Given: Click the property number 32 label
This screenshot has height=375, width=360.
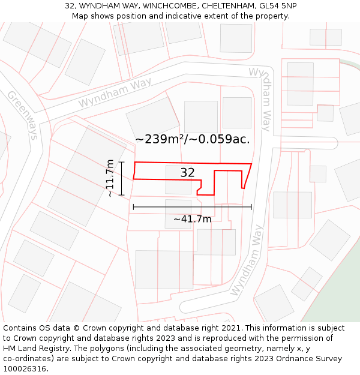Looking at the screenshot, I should [x=188, y=173].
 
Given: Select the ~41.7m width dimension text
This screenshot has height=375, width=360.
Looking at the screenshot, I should [x=192, y=219].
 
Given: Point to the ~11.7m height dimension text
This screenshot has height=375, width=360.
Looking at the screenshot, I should [x=110, y=178].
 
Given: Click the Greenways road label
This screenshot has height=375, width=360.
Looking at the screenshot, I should [x=22, y=115].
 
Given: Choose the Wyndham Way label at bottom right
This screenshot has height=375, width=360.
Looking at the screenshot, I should [x=247, y=260].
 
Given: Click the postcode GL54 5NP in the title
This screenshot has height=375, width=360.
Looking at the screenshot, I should [x=277, y=5].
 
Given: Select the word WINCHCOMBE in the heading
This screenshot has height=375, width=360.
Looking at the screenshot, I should [x=170, y=5].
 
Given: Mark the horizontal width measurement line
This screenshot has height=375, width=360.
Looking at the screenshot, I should [x=192, y=207].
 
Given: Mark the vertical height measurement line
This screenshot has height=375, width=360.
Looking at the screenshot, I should [x=121, y=178].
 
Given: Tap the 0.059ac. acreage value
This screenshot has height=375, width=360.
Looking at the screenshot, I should [x=223, y=139].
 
